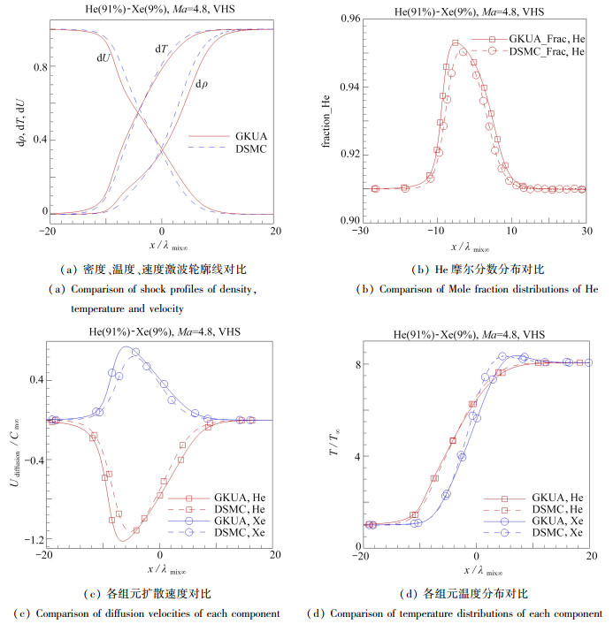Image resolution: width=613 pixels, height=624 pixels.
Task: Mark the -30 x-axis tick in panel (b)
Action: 358,232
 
